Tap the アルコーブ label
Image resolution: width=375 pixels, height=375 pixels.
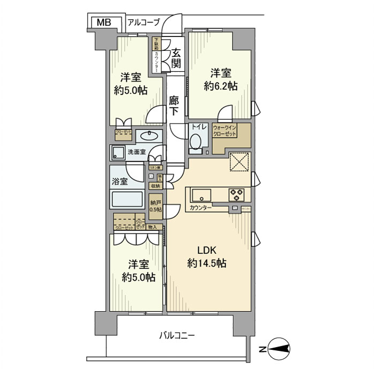point(144,22)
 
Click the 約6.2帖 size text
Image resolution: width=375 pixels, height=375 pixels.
point(221,85)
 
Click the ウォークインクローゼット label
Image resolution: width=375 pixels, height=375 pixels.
point(224,132)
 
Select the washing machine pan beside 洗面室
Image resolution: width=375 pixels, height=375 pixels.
point(118,153)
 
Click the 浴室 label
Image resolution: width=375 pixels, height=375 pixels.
point(120,181)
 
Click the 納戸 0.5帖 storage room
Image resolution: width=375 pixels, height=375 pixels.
point(155,205)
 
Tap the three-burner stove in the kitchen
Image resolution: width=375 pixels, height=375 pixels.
point(236,193)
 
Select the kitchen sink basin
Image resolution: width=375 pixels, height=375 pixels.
point(201,193)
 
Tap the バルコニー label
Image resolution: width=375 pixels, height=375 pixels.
point(176,336)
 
